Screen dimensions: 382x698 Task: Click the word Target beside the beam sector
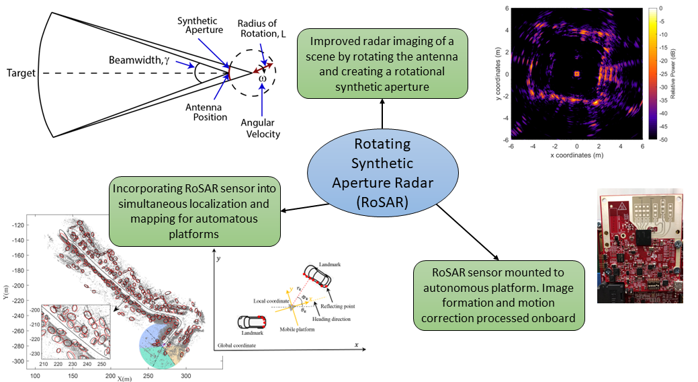20,73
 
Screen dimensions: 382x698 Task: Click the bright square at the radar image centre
576,74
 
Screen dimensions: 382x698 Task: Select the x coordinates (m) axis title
576,155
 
